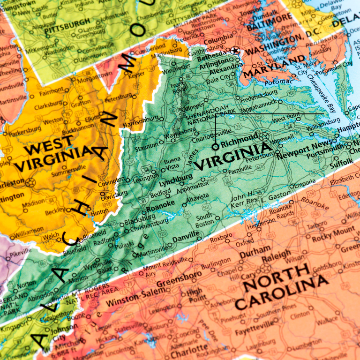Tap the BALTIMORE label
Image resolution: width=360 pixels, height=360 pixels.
269,24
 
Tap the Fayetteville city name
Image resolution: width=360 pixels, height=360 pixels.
254,325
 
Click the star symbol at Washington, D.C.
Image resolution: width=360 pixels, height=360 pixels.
235,51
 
